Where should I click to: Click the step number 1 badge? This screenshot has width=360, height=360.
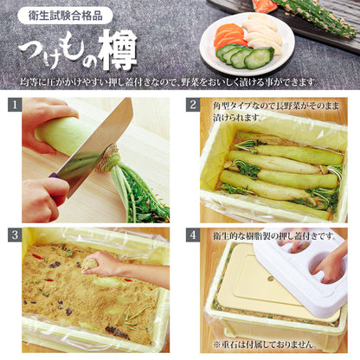coord(15,105)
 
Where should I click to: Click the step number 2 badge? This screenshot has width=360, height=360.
coord(193,105)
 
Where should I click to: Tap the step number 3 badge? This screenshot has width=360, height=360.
coord(15,235)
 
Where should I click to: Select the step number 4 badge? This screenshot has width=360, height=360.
coord(193,235)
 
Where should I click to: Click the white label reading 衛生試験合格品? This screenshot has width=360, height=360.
coord(65,16)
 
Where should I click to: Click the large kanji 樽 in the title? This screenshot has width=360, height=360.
coord(116,49)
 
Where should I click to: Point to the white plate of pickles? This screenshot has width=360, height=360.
coord(247,43)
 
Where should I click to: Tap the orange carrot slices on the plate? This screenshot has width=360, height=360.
coord(229,36)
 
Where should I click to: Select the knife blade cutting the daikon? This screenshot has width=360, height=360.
coord(95,147)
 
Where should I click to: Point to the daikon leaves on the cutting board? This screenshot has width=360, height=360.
coord(138,190)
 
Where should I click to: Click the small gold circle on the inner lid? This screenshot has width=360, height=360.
coord(270,279)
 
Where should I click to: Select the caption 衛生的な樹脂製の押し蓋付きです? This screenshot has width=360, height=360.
coord(273,236)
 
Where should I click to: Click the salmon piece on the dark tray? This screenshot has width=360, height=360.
coord(264,6)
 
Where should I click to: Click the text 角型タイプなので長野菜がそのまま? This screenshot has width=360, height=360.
coord(276,106)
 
